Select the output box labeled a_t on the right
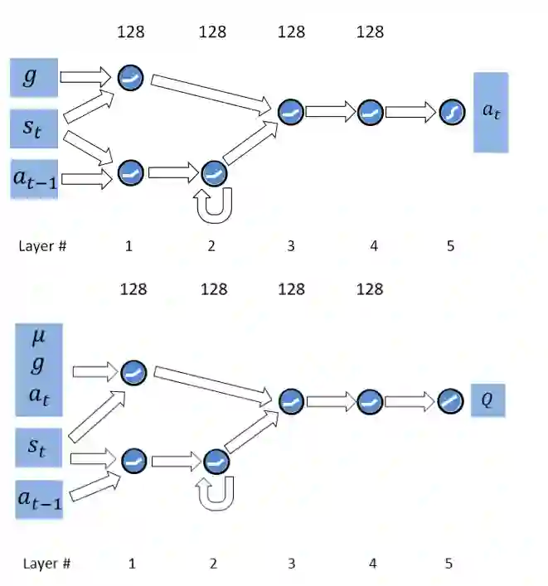(491, 113)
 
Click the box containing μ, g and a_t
(40, 370)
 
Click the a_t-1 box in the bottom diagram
(40, 499)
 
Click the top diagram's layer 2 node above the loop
(213, 173)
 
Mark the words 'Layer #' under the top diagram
(42, 246)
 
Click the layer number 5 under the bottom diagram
(449, 564)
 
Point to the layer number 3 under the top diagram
(290, 246)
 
